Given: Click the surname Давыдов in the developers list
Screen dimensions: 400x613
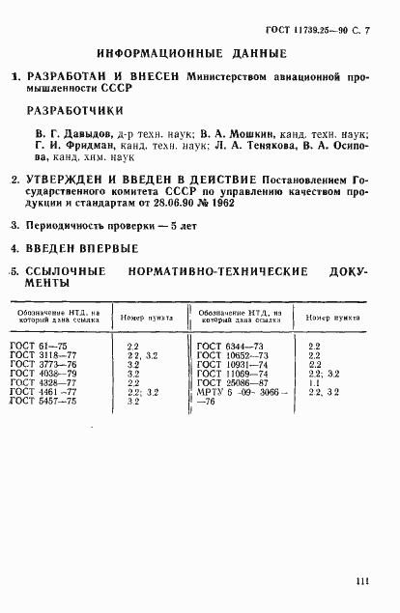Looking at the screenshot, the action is click(x=86, y=133).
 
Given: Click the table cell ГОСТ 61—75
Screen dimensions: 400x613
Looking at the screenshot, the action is click(x=40, y=345).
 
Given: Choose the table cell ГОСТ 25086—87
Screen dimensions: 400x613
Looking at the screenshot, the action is click(x=230, y=381).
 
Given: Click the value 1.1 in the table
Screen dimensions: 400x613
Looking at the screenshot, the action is click(x=314, y=381).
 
